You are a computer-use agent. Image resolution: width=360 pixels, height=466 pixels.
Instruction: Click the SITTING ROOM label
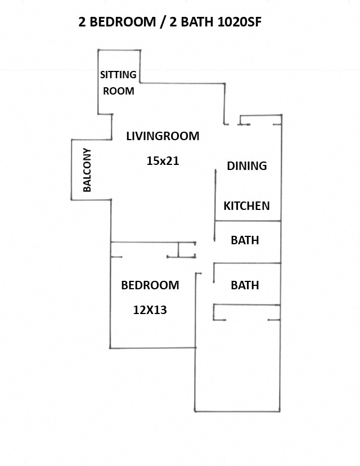coord(118,82)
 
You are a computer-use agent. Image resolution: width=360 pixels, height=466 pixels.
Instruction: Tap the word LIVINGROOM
coord(163,136)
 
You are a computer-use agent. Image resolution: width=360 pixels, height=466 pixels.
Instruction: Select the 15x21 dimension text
coord(162,161)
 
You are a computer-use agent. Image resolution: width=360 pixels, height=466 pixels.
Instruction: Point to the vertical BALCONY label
coord(87,170)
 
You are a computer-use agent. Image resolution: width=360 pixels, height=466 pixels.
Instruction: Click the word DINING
coord(246,166)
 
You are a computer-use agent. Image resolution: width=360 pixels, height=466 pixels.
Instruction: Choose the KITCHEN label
coord(246,206)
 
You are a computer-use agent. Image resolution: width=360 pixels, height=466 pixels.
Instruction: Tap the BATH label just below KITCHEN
coord(245,240)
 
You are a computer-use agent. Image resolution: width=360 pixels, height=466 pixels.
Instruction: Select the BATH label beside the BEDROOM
coord(245,285)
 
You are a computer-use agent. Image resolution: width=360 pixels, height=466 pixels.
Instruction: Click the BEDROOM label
coord(150,285)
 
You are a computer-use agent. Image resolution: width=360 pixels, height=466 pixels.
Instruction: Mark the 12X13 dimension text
coord(150,310)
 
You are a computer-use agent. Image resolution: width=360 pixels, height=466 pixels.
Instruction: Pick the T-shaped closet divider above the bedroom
coord(179,249)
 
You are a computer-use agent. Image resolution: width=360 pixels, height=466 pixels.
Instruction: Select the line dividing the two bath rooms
coord(247,263)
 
